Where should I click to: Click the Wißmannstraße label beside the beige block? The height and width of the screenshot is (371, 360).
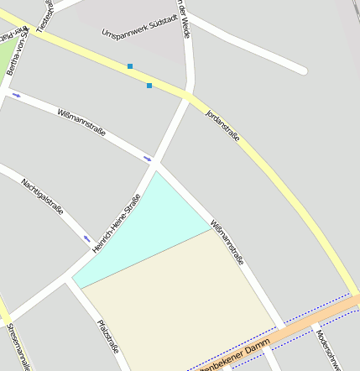(227, 243)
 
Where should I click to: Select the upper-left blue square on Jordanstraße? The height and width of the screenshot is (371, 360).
(130, 65)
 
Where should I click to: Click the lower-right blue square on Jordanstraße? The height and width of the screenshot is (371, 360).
(149, 86)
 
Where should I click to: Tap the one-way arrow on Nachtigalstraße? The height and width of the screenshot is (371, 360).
(86, 239)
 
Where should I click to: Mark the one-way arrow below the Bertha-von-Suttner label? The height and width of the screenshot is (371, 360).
(16, 95)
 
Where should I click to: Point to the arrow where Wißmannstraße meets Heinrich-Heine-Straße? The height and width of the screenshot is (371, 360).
(148, 157)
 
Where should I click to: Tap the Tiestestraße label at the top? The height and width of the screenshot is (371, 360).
(45, 14)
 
